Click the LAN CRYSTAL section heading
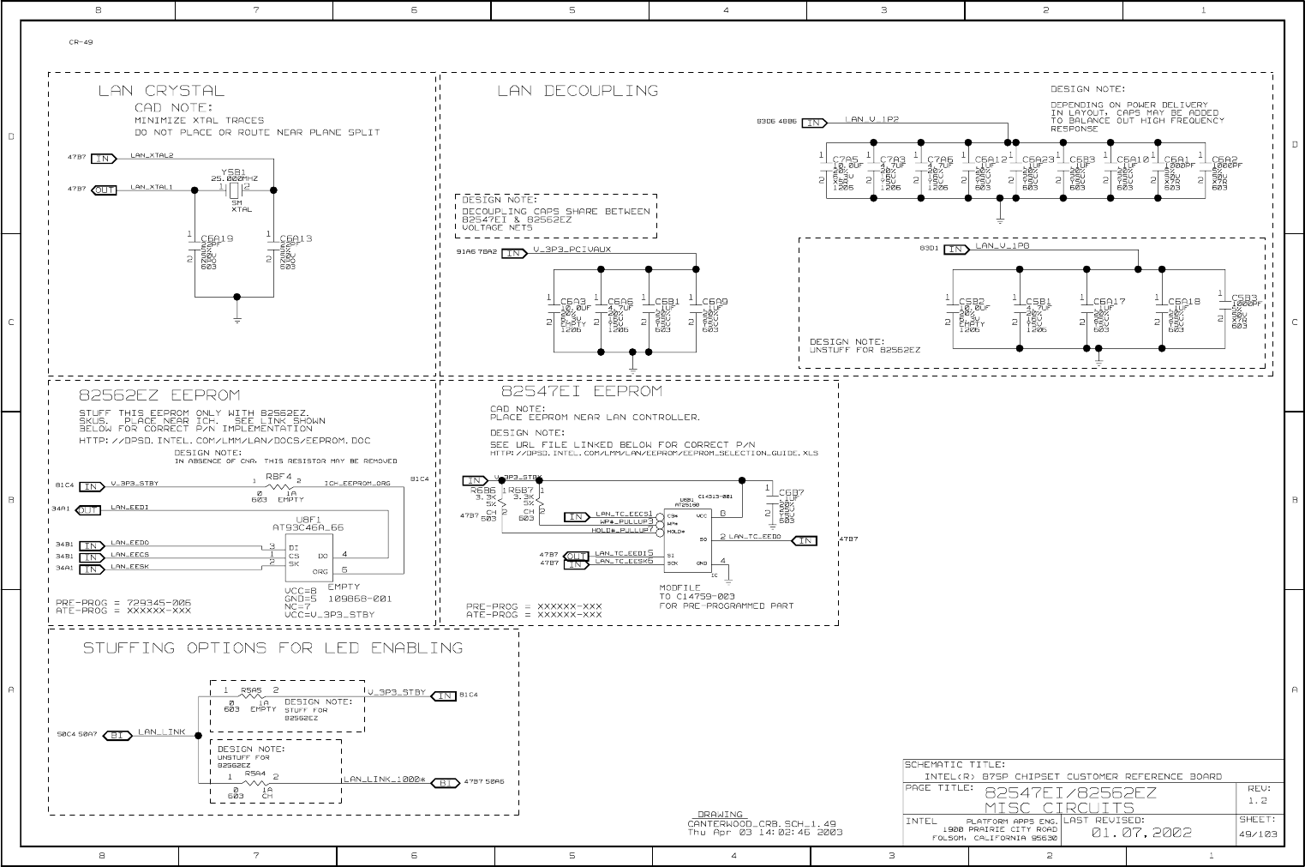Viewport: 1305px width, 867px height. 161,91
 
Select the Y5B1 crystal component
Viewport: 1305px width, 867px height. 234,188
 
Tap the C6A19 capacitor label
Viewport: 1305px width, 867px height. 217,239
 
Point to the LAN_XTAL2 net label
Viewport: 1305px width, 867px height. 152,156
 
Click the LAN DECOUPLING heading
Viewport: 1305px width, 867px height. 578,91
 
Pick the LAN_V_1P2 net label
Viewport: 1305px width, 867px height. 871,120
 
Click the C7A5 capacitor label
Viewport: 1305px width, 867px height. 845,160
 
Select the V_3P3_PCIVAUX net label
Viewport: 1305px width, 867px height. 572,250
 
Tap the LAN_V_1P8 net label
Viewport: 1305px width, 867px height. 1002,246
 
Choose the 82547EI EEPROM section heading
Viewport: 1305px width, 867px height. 581,392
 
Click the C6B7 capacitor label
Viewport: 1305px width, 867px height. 791,493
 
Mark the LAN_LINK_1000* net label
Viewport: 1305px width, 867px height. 385,780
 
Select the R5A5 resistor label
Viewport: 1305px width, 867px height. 251,689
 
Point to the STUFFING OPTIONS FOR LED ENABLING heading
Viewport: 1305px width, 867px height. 272,648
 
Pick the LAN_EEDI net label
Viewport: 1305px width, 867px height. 129,508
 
